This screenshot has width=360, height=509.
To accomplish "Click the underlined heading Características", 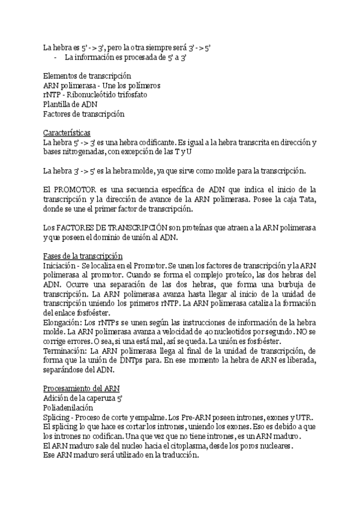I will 67,132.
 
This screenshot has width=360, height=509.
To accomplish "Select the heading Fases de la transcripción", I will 82,256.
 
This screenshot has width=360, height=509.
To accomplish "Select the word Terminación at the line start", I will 65,350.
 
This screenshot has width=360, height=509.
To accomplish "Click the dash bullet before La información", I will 55,58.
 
